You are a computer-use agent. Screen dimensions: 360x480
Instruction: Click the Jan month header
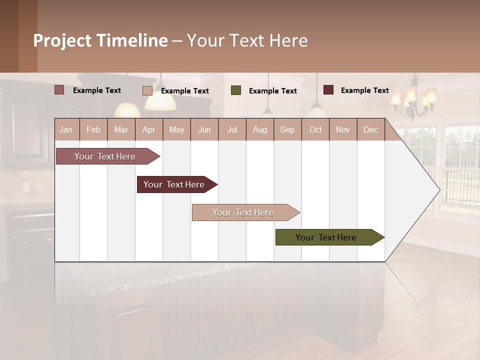(66, 129)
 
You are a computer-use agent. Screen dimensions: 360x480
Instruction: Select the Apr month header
(149, 129)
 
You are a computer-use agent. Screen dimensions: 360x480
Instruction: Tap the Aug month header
(260, 129)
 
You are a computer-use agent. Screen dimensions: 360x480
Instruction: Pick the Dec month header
(370, 129)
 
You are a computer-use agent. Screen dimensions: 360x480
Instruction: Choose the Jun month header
(204, 129)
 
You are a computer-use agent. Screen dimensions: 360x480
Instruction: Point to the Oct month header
(315, 129)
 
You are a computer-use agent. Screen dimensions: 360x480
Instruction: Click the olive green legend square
(236, 90)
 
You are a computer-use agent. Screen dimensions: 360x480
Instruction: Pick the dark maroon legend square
(328, 90)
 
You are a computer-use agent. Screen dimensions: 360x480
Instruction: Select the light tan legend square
(147, 90)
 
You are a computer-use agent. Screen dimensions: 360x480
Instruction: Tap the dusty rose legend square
(59, 90)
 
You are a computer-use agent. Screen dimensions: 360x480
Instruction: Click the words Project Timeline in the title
(100, 40)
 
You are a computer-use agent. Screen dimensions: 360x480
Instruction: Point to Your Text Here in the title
(247, 40)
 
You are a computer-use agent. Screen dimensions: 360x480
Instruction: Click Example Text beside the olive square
(273, 91)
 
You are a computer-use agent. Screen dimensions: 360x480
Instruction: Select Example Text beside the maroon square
(365, 90)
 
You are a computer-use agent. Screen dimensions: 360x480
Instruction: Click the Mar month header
(121, 129)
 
